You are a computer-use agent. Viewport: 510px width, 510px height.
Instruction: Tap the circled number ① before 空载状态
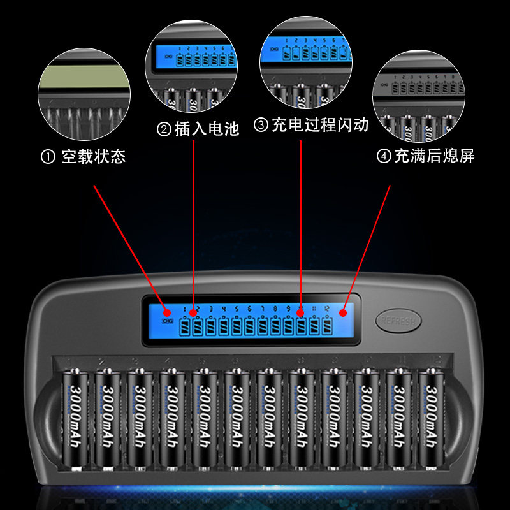point(48,157)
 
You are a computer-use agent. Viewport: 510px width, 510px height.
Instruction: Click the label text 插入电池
point(207,129)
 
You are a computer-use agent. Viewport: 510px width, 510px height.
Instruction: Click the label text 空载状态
point(93,157)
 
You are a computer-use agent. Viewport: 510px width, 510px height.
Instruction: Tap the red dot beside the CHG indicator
point(167,313)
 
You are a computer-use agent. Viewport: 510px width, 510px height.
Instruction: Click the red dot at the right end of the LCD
point(342,312)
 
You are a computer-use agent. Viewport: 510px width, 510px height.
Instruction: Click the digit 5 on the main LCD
point(237,310)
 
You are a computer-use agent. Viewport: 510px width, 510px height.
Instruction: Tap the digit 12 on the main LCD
point(326,310)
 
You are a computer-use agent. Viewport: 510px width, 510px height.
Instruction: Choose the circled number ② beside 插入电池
point(164,130)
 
